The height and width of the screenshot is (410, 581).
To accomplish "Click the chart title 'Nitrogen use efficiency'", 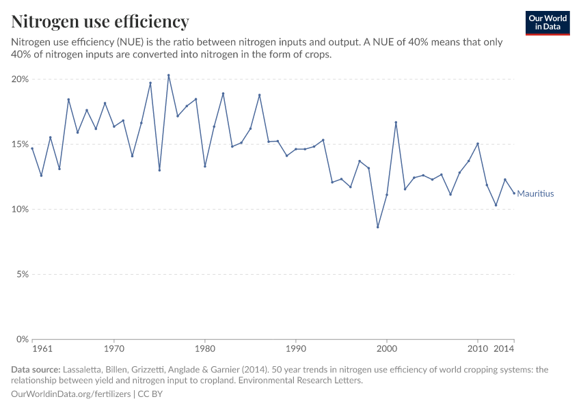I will (x=100, y=21).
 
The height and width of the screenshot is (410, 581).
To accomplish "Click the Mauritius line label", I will (x=535, y=194).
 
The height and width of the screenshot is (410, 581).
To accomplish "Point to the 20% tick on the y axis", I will (x=21, y=79).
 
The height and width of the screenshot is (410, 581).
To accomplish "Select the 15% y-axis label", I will (x=21, y=144).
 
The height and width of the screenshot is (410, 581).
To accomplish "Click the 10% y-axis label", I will (x=21, y=209).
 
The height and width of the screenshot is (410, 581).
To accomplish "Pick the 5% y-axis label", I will (x=23, y=274).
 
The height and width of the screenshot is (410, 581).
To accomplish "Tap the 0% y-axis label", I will (x=23, y=339).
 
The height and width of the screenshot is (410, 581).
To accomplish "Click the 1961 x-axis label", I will (x=42, y=349).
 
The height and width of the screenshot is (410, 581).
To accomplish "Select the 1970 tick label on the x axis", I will (x=113, y=349).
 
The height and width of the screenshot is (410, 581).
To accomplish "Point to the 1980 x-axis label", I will (x=205, y=349).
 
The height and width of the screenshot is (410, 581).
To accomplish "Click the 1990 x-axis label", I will (x=296, y=349).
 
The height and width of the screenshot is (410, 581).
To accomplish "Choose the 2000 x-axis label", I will (x=387, y=349).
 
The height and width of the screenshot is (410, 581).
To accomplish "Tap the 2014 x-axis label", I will (x=504, y=349).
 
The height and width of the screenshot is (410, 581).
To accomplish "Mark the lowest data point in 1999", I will (x=378, y=227).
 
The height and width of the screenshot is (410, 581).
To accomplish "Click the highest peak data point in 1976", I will (x=168, y=75).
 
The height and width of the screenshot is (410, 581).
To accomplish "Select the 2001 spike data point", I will (x=396, y=122).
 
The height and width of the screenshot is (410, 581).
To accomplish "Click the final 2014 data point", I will (x=514, y=193).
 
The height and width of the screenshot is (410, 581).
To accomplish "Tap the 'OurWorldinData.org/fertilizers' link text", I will (x=72, y=394).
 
